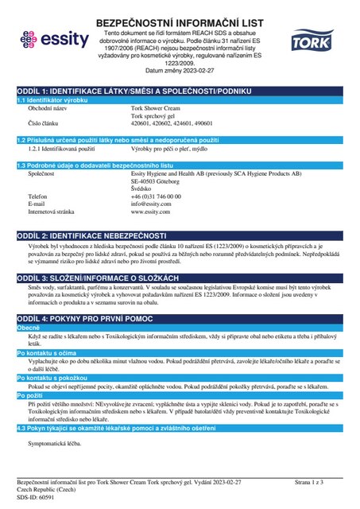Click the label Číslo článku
click(x=45, y=125)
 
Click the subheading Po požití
click(x=30, y=396)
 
